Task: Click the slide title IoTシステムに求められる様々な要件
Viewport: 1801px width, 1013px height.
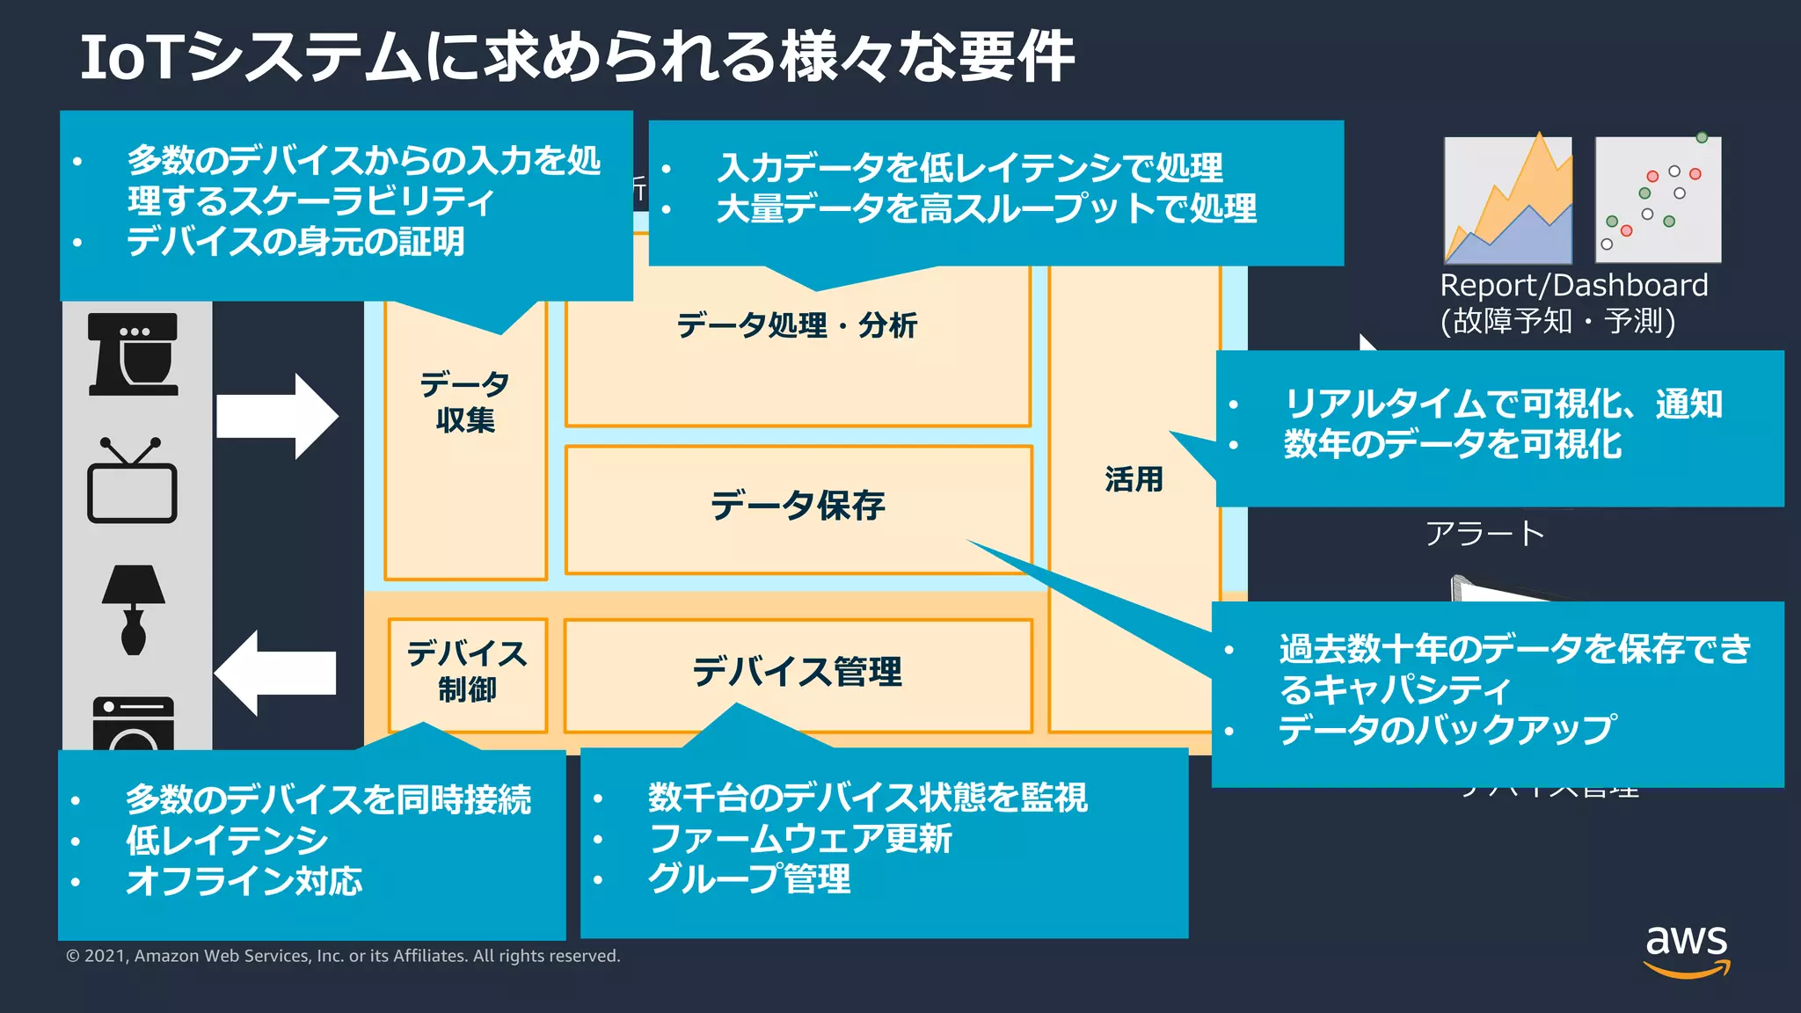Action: [x=576, y=57]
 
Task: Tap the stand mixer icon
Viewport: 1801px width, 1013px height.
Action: [x=133, y=354]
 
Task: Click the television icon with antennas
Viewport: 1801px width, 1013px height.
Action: [x=132, y=481]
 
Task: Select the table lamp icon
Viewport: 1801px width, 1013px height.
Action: [x=133, y=609]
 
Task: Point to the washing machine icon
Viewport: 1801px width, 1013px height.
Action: [x=133, y=723]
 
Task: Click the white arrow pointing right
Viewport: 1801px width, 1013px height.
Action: [x=277, y=416]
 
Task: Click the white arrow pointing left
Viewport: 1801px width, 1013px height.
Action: [x=275, y=673]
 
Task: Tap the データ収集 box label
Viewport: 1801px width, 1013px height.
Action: [x=464, y=402]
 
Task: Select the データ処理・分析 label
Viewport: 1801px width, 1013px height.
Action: [x=796, y=325]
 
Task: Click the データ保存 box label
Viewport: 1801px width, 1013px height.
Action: [x=797, y=506]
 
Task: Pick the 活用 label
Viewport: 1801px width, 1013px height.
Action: [x=1134, y=479]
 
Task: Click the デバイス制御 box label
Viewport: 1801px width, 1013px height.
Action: [x=466, y=672]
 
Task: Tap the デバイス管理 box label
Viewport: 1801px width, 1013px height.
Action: [x=797, y=672]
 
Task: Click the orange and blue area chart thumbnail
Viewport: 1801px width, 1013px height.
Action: [x=1507, y=200]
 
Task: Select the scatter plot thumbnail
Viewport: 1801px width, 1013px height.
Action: [x=1658, y=200]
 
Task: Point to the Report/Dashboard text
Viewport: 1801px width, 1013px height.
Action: [x=1573, y=286]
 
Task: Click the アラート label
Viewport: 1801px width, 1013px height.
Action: [x=1484, y=534]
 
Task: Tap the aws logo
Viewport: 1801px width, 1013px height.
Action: [x=1686, y=950]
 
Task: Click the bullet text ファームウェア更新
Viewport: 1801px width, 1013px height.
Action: [x=799, y=838]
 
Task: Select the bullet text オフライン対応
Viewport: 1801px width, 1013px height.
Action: [x=244, y=881]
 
